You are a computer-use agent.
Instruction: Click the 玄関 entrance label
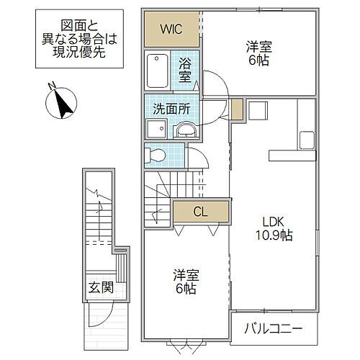tap(101, 288)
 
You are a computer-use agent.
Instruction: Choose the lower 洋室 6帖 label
tap(185, 282)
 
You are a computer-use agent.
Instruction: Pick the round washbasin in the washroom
tap(185, 130)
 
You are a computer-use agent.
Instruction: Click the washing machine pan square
tap(156, 129)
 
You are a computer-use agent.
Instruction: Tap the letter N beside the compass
tap(52, 87)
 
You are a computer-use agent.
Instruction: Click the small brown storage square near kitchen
tap(238, 110)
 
